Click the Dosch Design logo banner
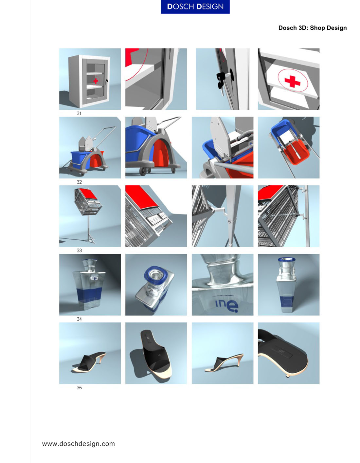[195, 7]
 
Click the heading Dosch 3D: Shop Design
[312, 28]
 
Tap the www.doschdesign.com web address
[78, 444]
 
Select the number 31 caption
[79, 113]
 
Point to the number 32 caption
[79, 182]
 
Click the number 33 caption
[79, 250]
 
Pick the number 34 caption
[79, 319]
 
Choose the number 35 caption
[79, 388]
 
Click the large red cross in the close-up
[292, 81]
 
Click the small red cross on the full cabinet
[96, 81]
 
